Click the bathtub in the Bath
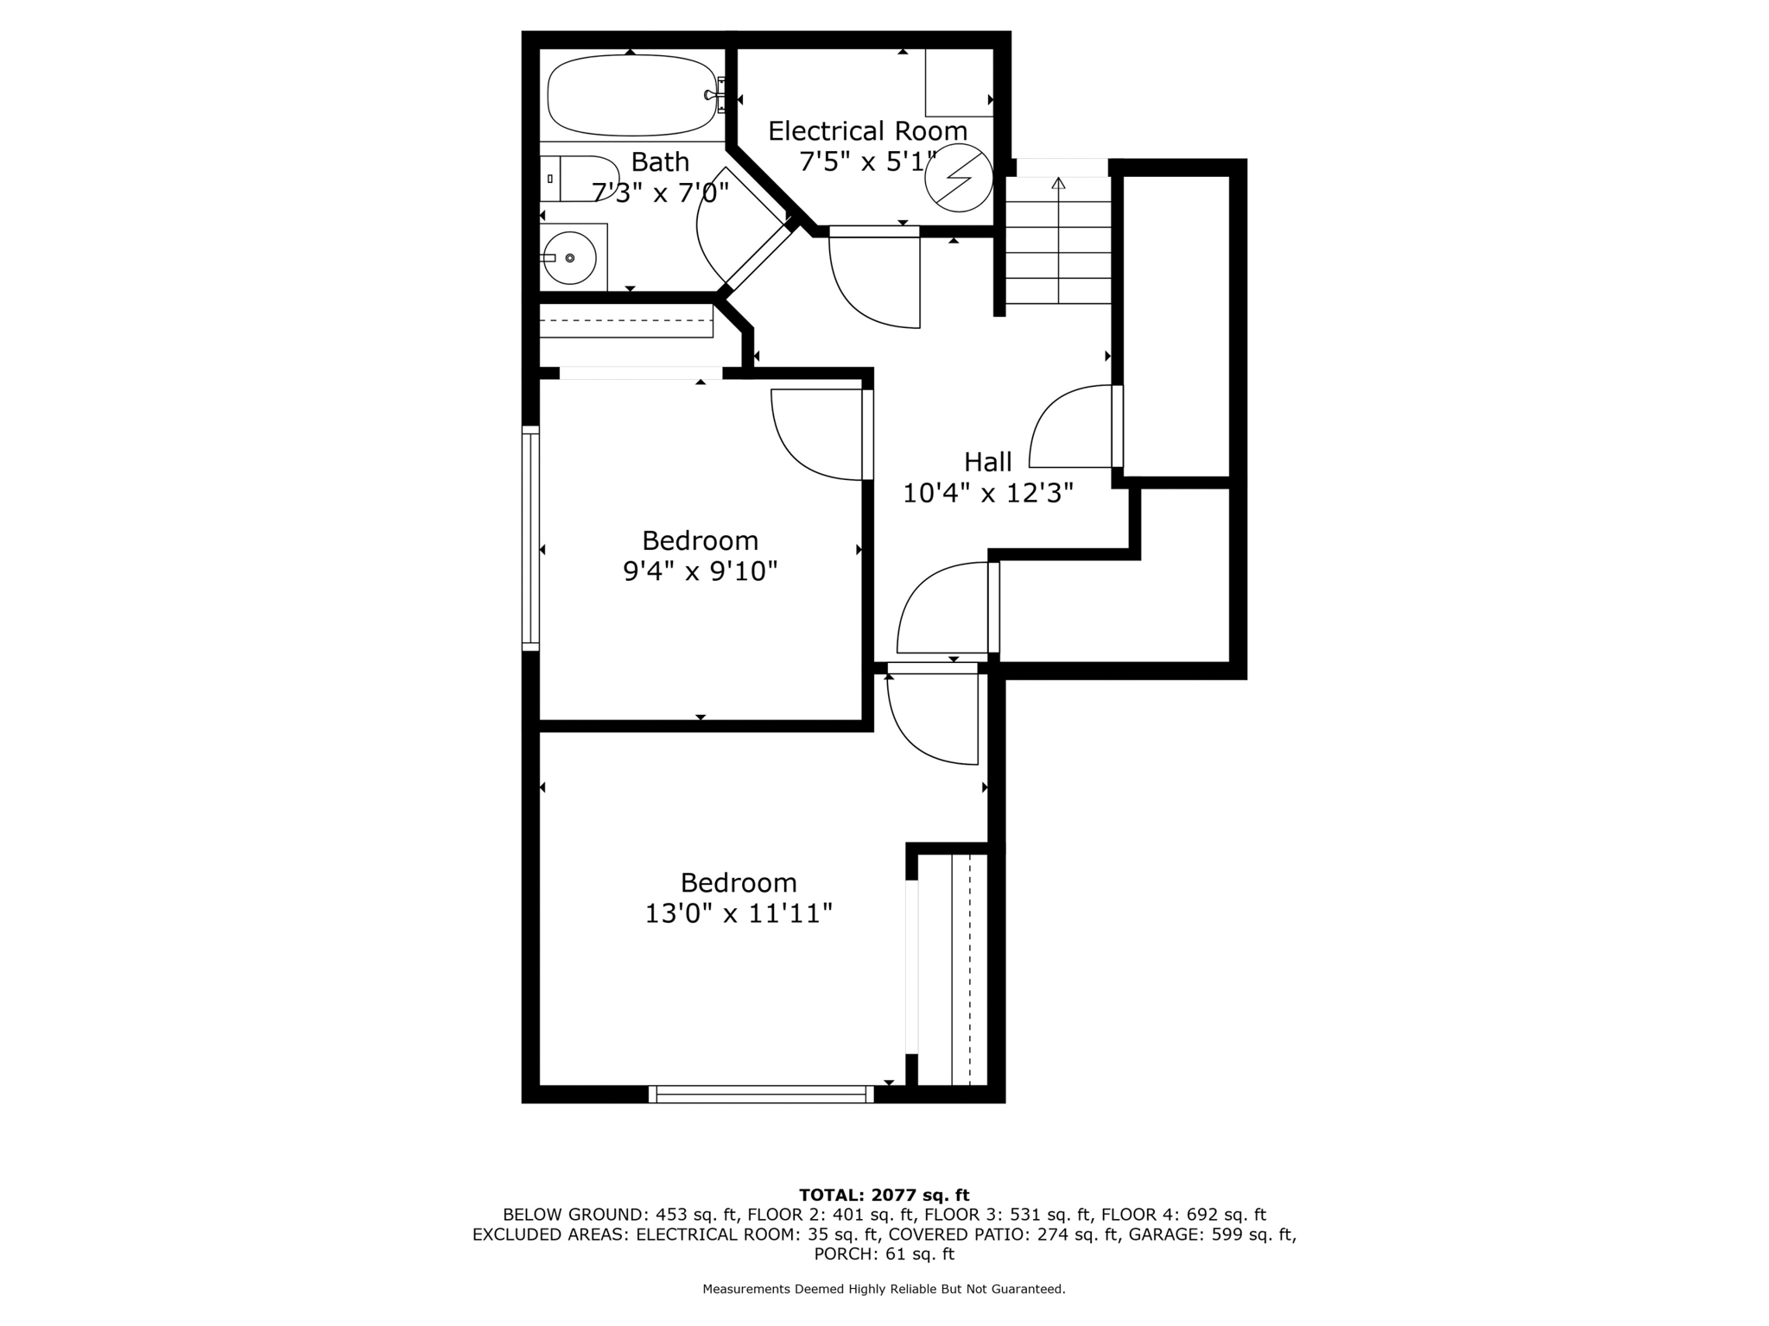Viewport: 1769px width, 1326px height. pos(632,95)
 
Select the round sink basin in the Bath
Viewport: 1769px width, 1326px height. pos(569,258)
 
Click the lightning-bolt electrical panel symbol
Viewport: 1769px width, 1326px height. pos(958,178)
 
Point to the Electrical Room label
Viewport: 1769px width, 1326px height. pos(867,131)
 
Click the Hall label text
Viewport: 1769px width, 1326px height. pos(987,462)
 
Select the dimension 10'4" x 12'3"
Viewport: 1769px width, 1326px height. pos(987,493)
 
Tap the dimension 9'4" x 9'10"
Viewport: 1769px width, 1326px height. pos(700,571)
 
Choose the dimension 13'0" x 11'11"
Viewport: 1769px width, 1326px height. pos(739,913)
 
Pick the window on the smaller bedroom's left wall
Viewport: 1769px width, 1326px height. pos(530,538)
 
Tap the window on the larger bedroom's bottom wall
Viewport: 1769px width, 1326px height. pos(761,1095)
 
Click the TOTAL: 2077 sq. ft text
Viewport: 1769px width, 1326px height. pos(884,1196)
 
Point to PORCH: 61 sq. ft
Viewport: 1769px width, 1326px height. pos(884,1254)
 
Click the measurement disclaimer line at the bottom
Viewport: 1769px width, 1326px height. pos(884,1290)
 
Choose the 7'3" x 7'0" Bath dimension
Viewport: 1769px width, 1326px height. pos(661,193)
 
